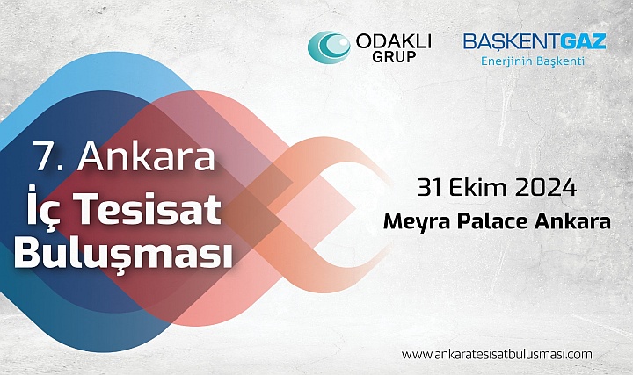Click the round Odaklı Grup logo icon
tap(329, 47)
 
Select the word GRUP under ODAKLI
tap(393, 57)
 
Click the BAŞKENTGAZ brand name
tap(535, 41)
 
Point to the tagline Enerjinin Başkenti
tap(531, 61)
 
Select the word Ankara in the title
tap(147, 157)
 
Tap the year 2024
tap(547, 188)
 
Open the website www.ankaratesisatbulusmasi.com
tap(496, 354)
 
